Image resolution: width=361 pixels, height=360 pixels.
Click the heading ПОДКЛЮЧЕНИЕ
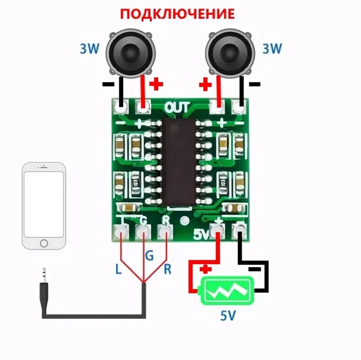pyautogui.click(x=177, y=13)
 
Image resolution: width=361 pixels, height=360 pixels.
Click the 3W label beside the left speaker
pyautogui.click(x=90, y=49)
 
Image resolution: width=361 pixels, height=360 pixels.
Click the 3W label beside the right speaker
pyautogui.click(x=272, y=49)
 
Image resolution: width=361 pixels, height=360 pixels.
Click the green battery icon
pyautogui.click(x=226, y=291)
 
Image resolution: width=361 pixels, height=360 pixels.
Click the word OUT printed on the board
pyautogui.click(x=177, y=107)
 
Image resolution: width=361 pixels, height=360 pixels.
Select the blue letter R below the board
pyautogui.click(x=167, y=269)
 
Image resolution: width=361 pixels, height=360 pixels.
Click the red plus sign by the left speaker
pyautogui.click(x=156, y=84)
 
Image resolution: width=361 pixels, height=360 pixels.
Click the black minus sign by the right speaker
pyautogui.click(x=255, y=84)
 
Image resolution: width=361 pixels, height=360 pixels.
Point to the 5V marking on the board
pyautogui.click(x=200, y=234)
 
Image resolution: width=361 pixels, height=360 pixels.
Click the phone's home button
pyautogui.click(x=44, y=242)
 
